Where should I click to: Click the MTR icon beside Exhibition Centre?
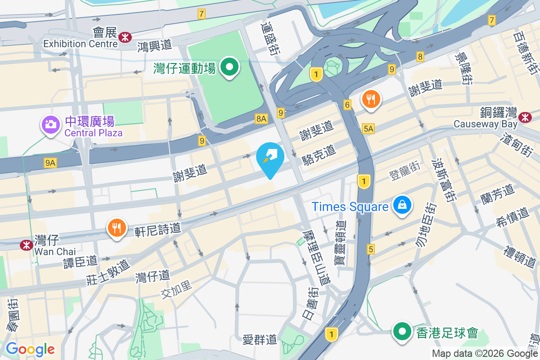pos(125,38)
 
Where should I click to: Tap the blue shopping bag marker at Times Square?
pos(402,205)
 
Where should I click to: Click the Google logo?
pos(30,349)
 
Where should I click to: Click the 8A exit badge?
pos(261,119)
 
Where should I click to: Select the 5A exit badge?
pos(368,129)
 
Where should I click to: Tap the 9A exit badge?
pos(50,163)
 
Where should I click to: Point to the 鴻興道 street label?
pos(155,45)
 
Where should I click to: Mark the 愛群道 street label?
pos(260,339)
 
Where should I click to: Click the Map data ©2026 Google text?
pos(485,353)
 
